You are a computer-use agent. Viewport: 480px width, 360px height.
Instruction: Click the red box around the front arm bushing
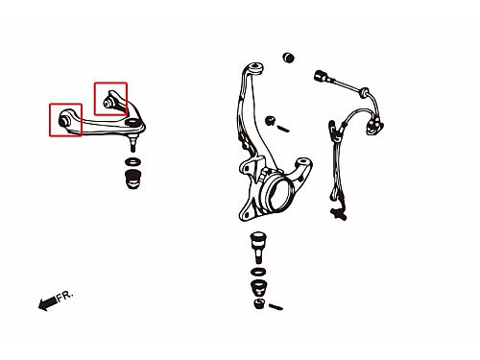[50, 120]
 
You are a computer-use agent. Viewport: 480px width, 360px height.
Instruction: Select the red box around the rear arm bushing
[95, 99]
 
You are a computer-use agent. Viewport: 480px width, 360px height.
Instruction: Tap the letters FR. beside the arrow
[65, 296]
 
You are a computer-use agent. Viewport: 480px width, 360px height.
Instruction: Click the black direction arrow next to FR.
[48, 302]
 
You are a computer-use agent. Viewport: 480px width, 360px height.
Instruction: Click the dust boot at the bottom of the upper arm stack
[133, 180]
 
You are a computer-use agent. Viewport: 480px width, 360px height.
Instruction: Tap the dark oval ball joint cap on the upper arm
[132, 122]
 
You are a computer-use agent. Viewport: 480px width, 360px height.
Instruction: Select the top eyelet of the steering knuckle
[256, 68]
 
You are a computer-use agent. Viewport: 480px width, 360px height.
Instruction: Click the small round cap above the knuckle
[289, 58]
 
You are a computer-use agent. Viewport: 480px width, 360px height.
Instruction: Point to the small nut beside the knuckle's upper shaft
[270, 120]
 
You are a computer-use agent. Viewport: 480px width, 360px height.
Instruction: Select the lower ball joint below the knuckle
[258, 248]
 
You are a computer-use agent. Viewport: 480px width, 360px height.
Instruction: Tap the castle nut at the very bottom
[259, 303]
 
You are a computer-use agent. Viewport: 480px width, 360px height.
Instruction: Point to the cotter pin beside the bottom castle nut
[276, 307]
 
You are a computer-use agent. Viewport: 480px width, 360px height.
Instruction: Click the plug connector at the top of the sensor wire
[321, 76]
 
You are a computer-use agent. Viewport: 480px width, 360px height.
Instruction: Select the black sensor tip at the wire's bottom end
[339, 214]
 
